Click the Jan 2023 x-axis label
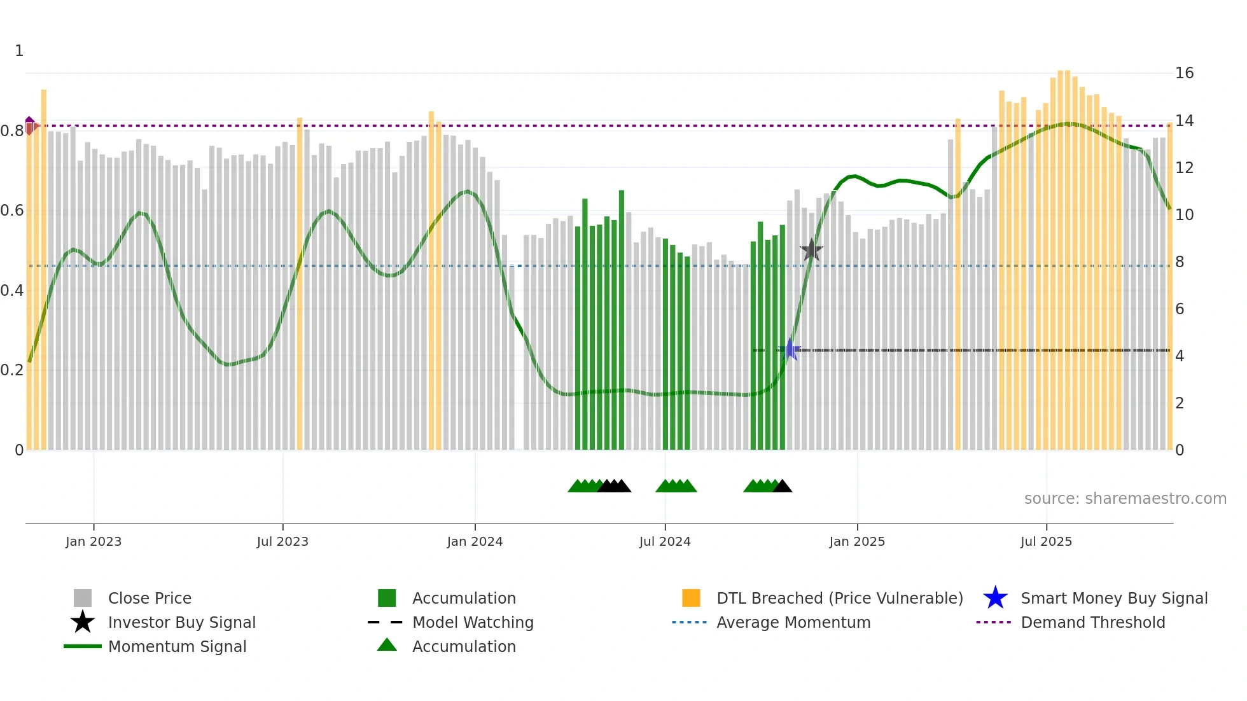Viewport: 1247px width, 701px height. coord(93,541)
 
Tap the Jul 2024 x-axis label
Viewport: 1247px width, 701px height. coord(665,541)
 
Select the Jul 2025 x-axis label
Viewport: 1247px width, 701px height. coord(1046,541)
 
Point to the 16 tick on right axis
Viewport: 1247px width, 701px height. coord(1184,73)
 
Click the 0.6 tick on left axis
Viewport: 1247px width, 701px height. coord(11,211)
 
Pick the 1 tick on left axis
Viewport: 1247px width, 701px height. coord(19,51)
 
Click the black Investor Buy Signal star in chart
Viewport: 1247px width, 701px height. coord(811,250)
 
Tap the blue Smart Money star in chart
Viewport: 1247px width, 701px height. coord(790,349)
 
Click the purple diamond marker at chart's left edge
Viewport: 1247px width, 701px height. coord(30,125)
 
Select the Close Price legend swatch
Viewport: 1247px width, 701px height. coord(83,598)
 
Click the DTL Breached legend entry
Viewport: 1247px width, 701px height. coord(839,598)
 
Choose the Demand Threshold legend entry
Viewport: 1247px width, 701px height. coord(1092,622)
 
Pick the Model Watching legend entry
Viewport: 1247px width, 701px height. coord(472,622)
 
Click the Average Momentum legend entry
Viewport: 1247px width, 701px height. coord(793,622)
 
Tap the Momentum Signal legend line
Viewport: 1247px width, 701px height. coord(83,646)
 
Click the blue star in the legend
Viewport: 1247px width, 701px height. coord(995,598)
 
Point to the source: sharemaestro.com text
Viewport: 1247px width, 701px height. coord(1125,499)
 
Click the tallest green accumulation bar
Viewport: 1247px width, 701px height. coord(622,318)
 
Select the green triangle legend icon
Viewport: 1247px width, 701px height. coord(387,645)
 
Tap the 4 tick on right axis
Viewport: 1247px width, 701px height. coord(1180,356)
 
